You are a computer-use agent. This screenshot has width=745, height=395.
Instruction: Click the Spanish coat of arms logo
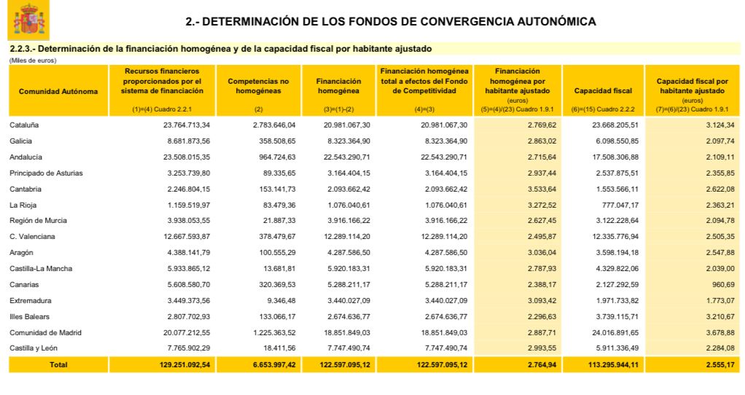(28, 20)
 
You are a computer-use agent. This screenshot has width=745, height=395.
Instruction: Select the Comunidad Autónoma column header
(58, 91)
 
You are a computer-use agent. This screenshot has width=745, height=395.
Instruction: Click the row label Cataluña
(24, 125)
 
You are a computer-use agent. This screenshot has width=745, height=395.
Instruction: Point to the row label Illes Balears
(30, 316)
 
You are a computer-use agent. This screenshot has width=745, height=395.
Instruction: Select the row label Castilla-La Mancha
(41, 269)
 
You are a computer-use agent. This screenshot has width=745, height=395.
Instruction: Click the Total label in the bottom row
(58, 364)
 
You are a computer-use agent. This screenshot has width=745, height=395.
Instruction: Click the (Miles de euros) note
(32, 60)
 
